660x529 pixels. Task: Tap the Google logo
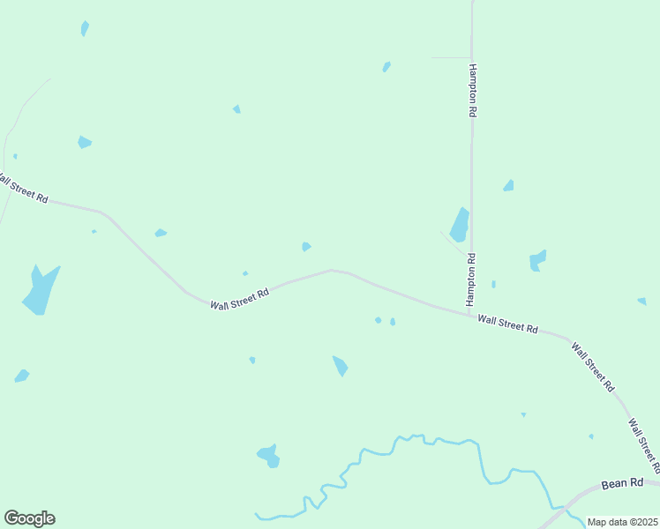(x=29, y=518)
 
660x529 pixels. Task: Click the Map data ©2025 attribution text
(x=622, y=522)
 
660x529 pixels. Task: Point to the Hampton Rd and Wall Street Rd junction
(x=469, y=313)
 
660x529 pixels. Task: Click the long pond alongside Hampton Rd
(x=459, y=225)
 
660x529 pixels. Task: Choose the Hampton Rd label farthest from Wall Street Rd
(x=473, y=91)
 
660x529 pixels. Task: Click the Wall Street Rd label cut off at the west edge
(x=21, y=188)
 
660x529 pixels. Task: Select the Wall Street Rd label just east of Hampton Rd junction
(x=507, y=324)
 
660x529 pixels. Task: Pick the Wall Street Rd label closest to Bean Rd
(x=642, y=445)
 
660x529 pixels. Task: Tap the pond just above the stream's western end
(x=268, y=456)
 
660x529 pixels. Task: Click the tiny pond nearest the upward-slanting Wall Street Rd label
(x=245, y=273)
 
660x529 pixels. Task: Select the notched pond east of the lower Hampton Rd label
(x=536, y=260)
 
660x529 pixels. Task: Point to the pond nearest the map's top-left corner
(x=85, y=28)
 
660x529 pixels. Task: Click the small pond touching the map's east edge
(x=642, y=301)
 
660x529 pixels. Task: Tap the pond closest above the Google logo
(x=21, y=376)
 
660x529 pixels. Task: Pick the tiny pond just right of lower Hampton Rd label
(x=493, y=284)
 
